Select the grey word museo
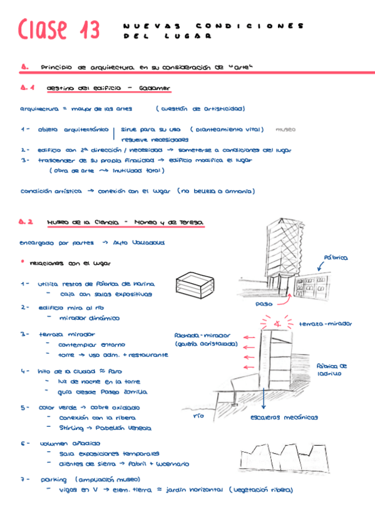click(285, 130)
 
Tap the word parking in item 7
click(54, 480)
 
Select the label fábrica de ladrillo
click(332, 369)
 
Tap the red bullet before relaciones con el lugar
click(23, 261)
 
